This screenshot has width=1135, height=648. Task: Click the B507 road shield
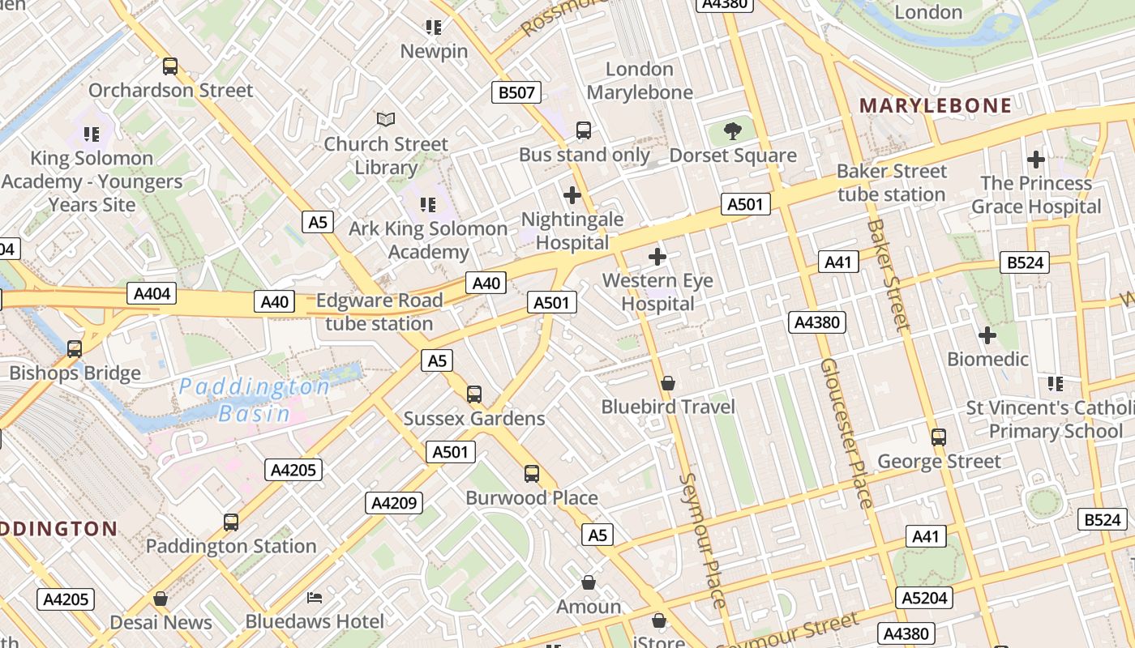click(516, 92)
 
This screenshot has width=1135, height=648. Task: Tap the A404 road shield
click(152, 293)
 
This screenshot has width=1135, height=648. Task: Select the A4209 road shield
click(394, 503)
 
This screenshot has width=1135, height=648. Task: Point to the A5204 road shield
click(924, 598)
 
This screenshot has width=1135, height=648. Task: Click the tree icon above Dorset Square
click(733, 130)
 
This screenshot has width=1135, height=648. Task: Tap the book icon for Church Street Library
click(386, 120)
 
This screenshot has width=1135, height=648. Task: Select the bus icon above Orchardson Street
click(170, 66)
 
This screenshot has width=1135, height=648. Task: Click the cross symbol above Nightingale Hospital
click(572, 195)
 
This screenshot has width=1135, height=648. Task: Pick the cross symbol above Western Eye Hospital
click(657, 258)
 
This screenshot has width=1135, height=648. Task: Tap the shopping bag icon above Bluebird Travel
click(668, 383)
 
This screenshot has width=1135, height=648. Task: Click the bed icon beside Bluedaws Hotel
click(315, 598)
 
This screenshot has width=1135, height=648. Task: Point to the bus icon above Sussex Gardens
click(474, 394)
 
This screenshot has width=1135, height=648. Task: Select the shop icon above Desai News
click(161, 599)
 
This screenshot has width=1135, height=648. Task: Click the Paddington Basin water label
click(254, 399)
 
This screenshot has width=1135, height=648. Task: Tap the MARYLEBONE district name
click(936, 105)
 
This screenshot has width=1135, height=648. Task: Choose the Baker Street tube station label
click(892, 183)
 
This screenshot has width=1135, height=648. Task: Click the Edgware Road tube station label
click(379, 312)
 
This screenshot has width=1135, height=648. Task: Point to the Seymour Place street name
click(703, 540)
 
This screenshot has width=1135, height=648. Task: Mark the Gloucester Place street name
click(847, 433)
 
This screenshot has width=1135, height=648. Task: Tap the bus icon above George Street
click(939, 437)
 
